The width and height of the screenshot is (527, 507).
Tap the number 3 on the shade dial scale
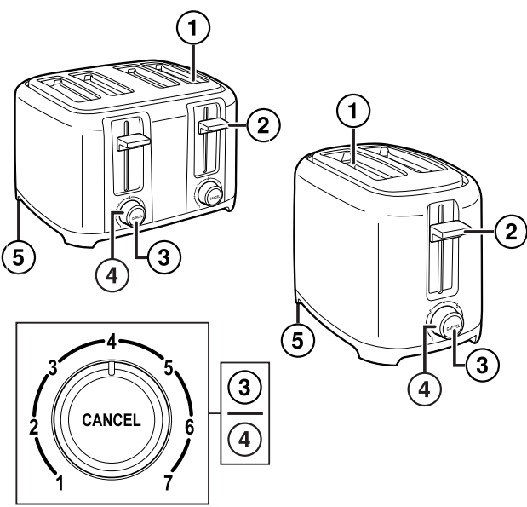53,368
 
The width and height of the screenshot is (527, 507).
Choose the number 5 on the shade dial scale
169,368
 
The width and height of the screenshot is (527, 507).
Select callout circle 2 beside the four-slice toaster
261,126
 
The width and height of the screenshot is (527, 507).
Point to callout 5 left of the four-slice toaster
19,254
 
